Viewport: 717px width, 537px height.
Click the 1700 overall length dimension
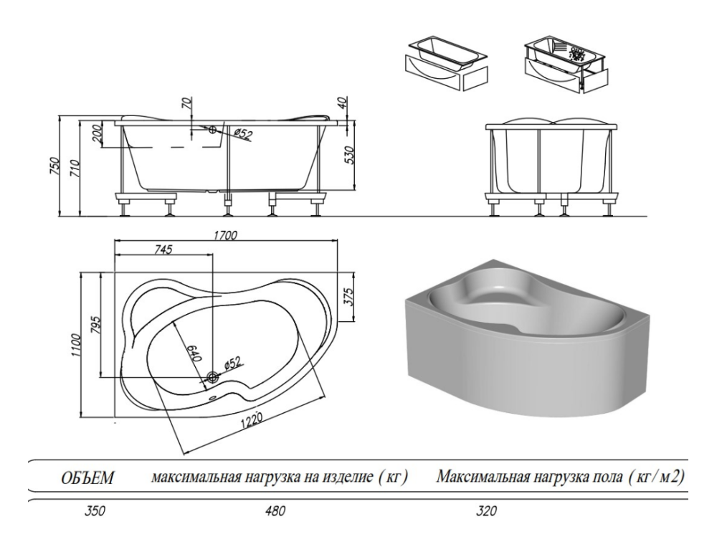(x=224, y=234)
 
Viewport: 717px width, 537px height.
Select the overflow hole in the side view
(x=212, y=130)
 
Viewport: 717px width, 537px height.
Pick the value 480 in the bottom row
(x=275, y=512)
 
